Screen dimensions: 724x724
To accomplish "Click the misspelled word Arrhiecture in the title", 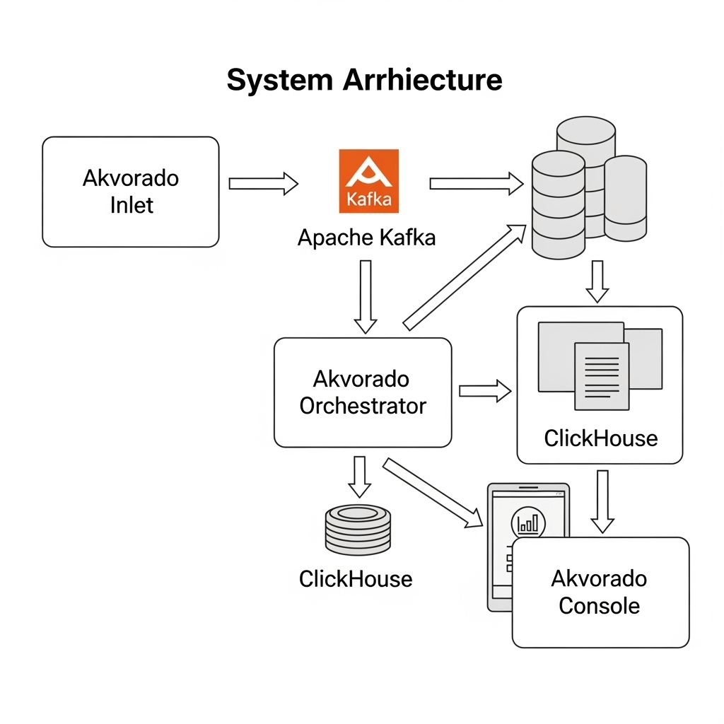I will (422, 80).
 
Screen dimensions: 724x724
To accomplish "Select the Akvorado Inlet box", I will (131, 192).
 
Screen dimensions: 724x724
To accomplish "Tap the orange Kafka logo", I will (369, 181).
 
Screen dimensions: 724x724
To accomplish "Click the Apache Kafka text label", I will (366, 238).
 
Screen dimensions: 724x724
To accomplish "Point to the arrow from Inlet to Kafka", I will (263, 184).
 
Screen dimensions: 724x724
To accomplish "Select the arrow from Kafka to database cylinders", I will (475, 184).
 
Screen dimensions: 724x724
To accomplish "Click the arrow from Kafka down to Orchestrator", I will (366, 296).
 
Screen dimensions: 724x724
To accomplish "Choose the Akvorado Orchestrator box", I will (363, 392).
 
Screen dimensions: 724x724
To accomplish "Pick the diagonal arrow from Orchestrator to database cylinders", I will (464, 277).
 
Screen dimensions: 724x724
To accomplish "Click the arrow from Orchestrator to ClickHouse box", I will (485, 390).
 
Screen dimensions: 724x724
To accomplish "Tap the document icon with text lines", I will (601, 376).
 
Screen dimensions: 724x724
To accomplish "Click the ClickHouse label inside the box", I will (600, 438).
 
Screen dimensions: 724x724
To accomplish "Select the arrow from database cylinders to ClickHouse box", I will (597, 281).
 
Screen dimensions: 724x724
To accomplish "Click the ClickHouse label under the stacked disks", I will (356, 579).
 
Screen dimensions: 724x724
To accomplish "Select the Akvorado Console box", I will (600, 592).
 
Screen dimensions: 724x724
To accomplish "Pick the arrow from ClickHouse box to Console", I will (602, 501).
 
